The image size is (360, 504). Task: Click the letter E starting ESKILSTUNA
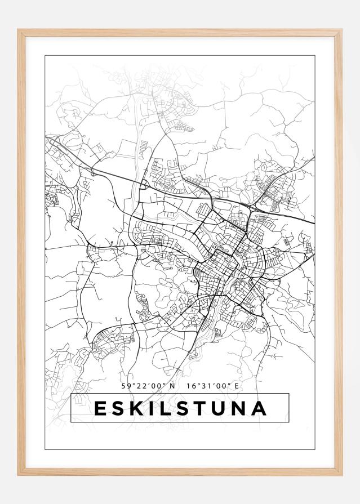click(x=100, y=408)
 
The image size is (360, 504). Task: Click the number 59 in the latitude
click(x=126, y=386)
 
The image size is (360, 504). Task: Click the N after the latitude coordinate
click(x=172, y=386)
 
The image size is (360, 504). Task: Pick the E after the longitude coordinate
click(x=237, y=386)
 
